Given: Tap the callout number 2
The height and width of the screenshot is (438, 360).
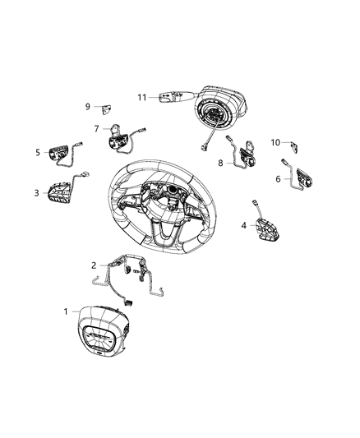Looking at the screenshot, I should click(x=94, y=265).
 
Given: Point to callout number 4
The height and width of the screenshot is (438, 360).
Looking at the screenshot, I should click(x=243, y=225).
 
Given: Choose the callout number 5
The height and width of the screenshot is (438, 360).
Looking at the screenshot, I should click(x=38, y=152).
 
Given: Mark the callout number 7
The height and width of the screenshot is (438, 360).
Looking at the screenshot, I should click(x=96, y=128).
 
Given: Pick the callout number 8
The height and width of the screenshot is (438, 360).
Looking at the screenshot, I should click(x=220, y=163).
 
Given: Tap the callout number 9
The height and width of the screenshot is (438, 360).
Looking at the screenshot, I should click(x=88, y=107).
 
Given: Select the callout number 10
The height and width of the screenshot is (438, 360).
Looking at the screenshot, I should click(x=276, y=142).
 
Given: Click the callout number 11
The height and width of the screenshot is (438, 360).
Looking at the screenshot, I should click(x=142, y=98).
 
